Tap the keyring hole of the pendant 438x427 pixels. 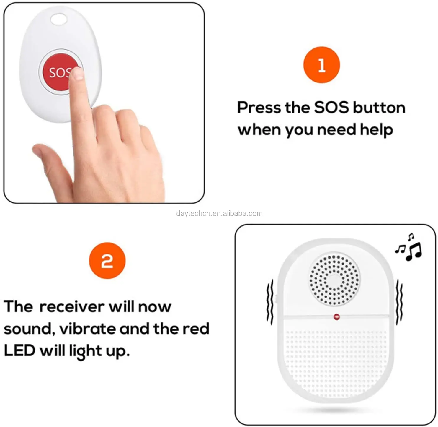click(x=59, y=19)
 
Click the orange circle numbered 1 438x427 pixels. click(x=321, y=65)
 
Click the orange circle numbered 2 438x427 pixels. click(x=107, y=261)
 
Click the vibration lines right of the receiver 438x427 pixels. click(x=399, y=302)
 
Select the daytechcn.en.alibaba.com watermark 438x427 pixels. click(x=220, y=213)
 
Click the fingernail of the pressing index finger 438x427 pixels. click(x=78, y=74)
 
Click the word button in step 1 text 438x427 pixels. click(x=379, y=108)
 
